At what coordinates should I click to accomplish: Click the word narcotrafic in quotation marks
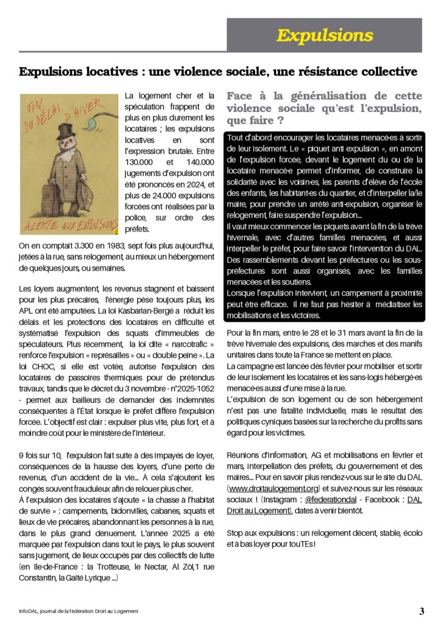[177, 344]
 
